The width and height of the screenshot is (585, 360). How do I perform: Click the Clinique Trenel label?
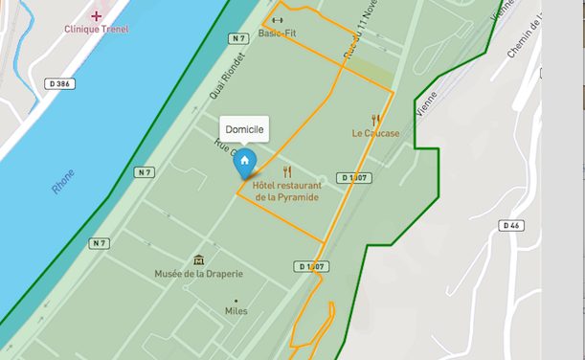[x=96, y=29]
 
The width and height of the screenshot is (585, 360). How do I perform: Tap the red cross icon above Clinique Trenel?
[x=96, y=15]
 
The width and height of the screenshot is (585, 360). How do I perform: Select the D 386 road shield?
[x=58, y=84]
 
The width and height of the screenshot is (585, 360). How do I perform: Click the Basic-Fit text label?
[x=277, y=34]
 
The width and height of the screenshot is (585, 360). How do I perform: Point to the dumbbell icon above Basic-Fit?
[x=277, y=20]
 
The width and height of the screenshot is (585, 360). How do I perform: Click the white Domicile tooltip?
[x=244, y=129]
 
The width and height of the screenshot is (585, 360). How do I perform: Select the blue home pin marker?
[x=245, y=161]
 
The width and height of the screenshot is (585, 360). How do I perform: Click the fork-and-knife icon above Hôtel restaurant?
[x=286, y=171]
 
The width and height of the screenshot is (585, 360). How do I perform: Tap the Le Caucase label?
[x=375, y=133]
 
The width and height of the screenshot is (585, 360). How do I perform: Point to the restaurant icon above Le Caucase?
[x=375, y=120]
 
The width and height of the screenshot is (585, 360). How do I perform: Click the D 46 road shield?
[x=511, y=225]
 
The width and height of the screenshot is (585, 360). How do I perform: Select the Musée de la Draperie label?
[x=199, y=274]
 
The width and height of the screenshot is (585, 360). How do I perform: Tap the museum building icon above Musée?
[x=198, y=259]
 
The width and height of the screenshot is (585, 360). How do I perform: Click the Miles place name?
[x=236, y=311]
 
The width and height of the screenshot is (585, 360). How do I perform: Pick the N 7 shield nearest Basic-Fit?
[x=239, y=38]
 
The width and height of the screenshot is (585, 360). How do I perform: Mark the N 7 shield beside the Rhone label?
[x=145, y=172]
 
